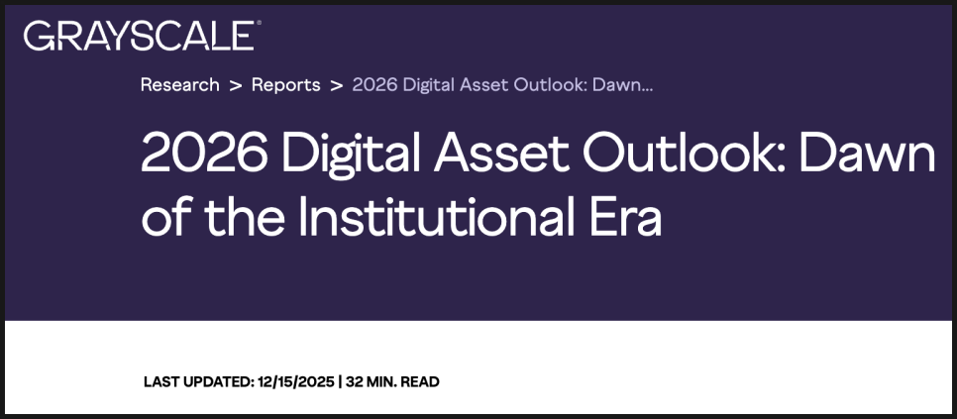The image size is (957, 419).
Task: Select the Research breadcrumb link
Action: tap(180, 85)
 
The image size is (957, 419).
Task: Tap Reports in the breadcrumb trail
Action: tap(285, 85)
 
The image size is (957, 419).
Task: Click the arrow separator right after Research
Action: tap(236, 85)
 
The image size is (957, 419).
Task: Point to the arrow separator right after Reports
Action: tap(336, 85)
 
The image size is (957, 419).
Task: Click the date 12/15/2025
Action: tap(296, 382)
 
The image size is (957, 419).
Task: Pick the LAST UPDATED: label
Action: tap(198, 382)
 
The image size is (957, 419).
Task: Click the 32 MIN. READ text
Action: tap(392, 382)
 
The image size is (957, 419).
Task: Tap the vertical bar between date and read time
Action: tap(341, 382)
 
